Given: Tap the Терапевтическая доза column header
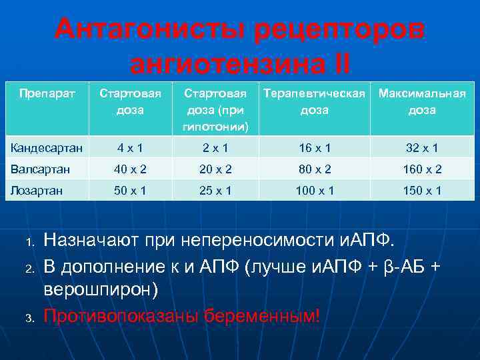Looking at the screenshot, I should click(x=314, y=101).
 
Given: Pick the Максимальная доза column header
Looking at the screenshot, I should click(x=421, y=101).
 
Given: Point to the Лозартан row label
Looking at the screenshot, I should click(x=37, y=191).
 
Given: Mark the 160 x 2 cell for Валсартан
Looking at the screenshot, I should click(x=422, y=169).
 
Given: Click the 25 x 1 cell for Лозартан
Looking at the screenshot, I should click(x=215, y=191).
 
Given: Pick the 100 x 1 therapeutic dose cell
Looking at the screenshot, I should click(x=314, y=191).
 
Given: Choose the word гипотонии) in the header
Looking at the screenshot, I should click(x=215, y=126).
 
